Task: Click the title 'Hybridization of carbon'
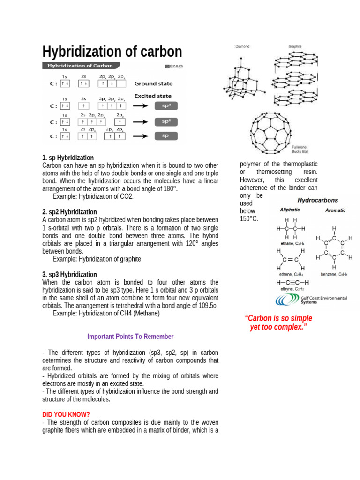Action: [112, 52]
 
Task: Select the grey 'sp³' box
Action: [166, 106]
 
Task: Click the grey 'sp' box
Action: [166, 136]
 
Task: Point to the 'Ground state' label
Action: [153, 84]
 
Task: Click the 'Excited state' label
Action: [153, 96]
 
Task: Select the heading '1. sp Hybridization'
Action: [68, 157]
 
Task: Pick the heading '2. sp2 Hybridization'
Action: [69, 212]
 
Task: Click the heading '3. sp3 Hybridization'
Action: [69, 274]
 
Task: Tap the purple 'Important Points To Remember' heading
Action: [130, 337]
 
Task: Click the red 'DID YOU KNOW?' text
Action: [66, 414]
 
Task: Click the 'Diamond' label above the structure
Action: [242, 47]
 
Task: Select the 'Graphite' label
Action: [295, 47]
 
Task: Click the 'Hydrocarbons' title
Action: [318, 200]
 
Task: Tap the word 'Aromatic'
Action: [335, 210]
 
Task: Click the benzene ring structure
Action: [334, 248]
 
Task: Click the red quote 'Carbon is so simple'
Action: [278, 318]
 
